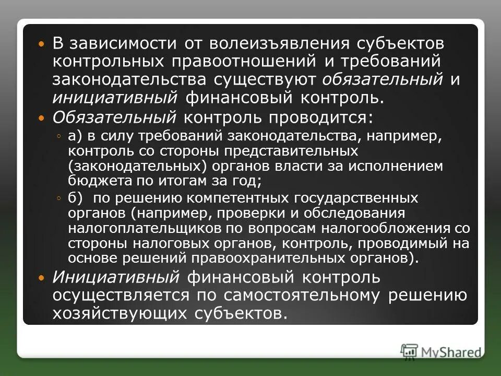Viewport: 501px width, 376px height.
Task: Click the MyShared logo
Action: (440, 351)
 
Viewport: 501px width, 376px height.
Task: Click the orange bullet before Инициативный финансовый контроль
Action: (43, 277)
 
